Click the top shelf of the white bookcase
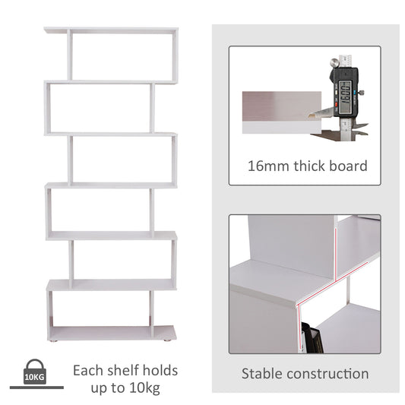110,31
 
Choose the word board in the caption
349,166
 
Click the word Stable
264,374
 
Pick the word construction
328,374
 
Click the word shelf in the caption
124,371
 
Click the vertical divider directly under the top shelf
69,56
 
